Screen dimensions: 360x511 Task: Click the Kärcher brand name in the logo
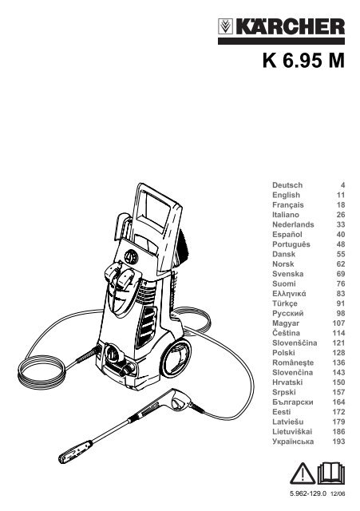coord(290,26)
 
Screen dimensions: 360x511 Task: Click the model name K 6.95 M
coord(303,61)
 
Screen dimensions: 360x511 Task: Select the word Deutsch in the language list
coord(287,185)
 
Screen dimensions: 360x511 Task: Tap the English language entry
coord(286,195)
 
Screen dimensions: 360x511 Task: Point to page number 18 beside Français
coord(341,205)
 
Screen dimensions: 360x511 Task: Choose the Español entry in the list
coord(287,235)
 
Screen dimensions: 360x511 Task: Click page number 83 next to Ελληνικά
coord(341,294)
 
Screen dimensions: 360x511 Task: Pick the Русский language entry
coord(288,314)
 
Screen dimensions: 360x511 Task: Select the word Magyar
coord(286,323)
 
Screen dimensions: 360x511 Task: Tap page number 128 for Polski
coord(338,353)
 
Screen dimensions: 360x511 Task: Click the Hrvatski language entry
coord(287,382)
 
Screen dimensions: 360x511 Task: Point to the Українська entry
coord(293,442)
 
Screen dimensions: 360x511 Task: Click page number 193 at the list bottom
coord(338,442)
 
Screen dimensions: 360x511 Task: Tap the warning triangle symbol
coord(303,473)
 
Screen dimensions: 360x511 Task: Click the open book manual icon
coord(330,473)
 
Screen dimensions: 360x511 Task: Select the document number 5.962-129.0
coord(308,493)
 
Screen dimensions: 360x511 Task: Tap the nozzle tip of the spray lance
coord(75,452)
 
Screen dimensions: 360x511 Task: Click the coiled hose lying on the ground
coord(42,371)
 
